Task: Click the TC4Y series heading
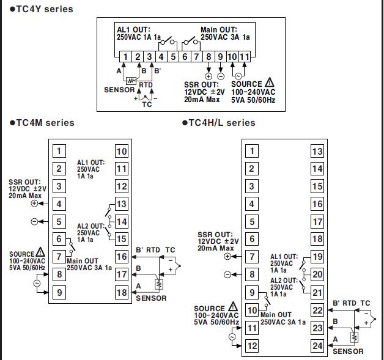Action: click(x=37, y=9)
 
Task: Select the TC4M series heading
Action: click(x=42, y=123)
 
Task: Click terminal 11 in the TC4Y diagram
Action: click(x=245, y=57)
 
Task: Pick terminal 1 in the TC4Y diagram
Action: click(x=124, y=57)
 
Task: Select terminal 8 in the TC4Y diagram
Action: click(x=209, y=57)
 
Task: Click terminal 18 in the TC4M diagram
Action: click(x=122, y=292)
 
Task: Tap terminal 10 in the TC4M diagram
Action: click(x=122, y=152)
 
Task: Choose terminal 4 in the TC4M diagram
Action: click(x=59, y=204)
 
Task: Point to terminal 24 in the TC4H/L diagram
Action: click(x=317, y=346)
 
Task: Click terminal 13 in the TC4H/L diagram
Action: click(x=317, y=152)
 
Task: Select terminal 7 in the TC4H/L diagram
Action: click(x=251, y=257)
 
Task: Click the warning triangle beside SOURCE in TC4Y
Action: click(x=270, y=84)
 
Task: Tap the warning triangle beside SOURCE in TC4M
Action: click(x=40, y=252)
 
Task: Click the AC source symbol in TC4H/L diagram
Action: click(x=232, y=337)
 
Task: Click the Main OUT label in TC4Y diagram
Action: click(x=219, y=29)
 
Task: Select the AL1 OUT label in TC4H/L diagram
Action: click(x=284, y=257)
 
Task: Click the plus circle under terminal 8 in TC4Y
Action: click(x=209, y=76)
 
